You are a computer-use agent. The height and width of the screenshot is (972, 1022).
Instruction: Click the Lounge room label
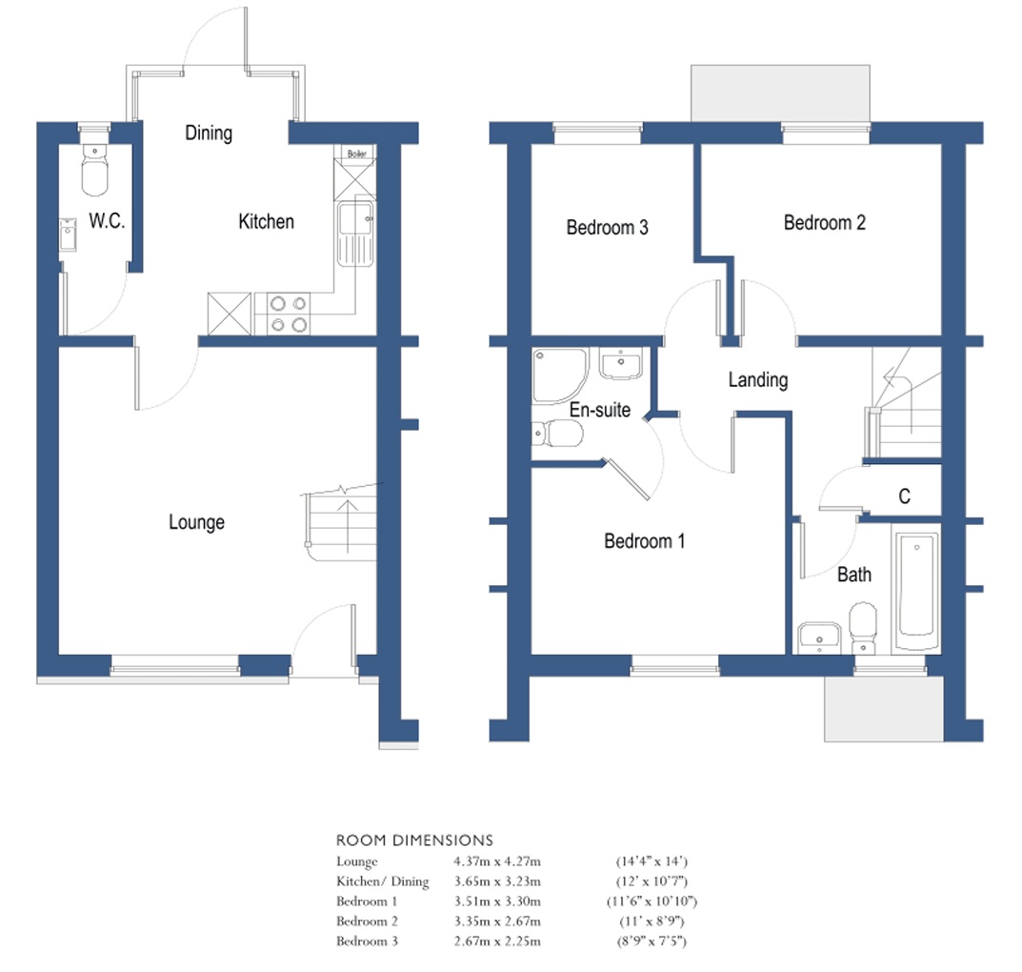pyautogui.click(x=197, y=522)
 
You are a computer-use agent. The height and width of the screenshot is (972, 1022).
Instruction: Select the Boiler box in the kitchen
pyautogui.click(x=357, y=153)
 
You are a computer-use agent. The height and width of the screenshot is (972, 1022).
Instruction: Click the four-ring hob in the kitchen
pyautogui.click(x=289, y=314)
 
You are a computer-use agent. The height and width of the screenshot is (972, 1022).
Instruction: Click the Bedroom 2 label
pyautogui.click(x=824, y=223)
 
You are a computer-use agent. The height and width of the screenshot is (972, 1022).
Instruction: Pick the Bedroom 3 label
pyautogui.click(x=607, y=228)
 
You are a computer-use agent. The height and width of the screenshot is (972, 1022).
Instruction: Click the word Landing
pyautogui.click(x=758, y=379)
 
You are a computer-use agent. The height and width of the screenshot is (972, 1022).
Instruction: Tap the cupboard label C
pyautogui.click(x=904, y=496)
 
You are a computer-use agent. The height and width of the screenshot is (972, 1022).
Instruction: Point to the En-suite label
pyautogui.click(x=599, y=410)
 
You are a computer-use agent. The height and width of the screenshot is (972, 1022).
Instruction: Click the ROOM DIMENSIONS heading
pyautogui.click(x=414, y=840)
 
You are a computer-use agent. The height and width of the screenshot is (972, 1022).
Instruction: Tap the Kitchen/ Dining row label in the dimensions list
pyautogui.click(x=382, y=881)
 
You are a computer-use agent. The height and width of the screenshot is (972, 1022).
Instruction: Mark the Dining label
pyautogui.click(x=209, y=132)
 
